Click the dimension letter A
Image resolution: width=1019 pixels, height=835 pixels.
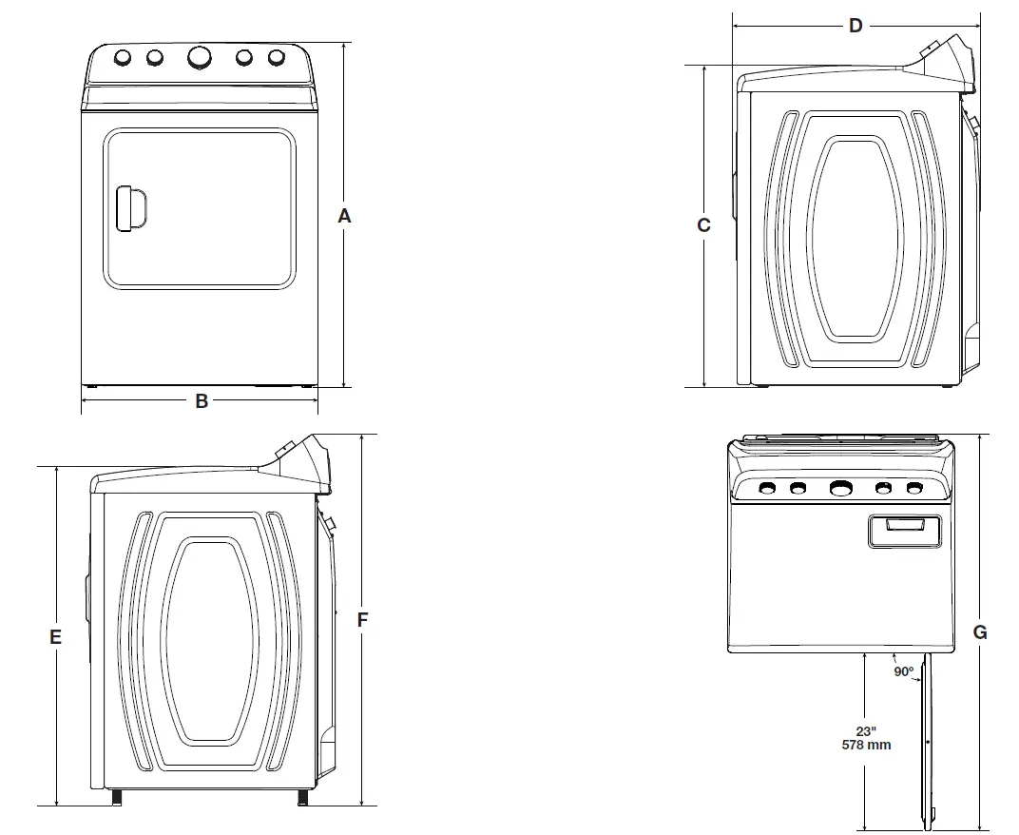click(344, 217)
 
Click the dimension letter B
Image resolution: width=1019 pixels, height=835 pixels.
click(202, 401)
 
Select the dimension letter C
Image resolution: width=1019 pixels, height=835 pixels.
click(703, 225)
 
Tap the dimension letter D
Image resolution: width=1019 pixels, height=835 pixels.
click(856, 26)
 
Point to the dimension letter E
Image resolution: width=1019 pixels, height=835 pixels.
click(56, 637)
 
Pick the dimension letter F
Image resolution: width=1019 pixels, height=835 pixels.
click(362, 620)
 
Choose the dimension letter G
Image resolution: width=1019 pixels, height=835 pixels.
click(980, 632)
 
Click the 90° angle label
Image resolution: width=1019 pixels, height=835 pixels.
click(903, 671)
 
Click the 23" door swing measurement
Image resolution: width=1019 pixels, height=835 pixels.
click(866, 730)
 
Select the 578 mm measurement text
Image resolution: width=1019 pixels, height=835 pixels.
click(866, 745)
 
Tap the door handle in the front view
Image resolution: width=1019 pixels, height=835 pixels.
click(129, 208)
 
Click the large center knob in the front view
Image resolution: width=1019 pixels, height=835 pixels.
click(200, 58)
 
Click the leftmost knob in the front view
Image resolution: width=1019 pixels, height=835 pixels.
click(123, 58)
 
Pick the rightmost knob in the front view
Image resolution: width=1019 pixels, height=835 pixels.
click(277, 58)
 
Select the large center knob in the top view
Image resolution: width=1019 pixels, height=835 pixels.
click(840, 489)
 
